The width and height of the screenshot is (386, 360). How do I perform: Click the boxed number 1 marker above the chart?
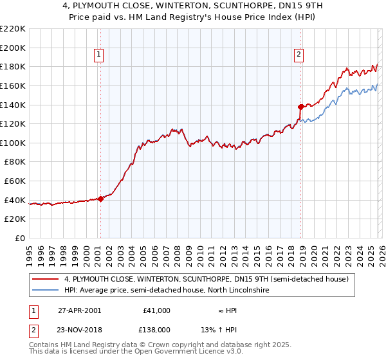99,55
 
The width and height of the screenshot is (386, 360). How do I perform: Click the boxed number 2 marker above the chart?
299,55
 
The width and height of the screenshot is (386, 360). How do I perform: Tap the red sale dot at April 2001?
100,199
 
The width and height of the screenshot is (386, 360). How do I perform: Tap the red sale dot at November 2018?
300,107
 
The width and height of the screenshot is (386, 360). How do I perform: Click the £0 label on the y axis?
19,239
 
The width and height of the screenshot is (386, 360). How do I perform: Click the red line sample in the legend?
46,279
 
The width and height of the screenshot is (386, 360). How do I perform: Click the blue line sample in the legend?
46,291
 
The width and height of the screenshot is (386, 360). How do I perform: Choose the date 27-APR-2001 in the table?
79,310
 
